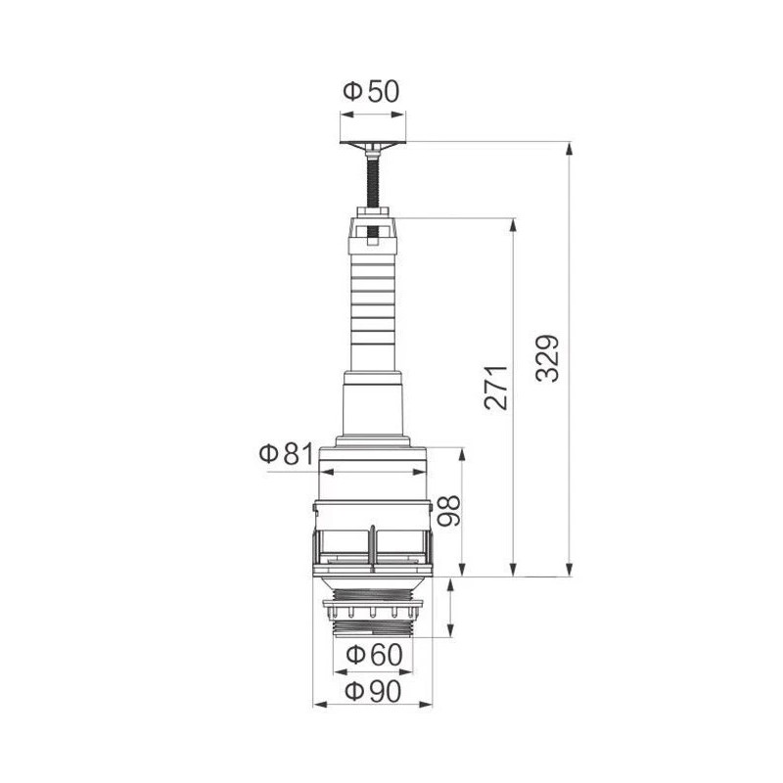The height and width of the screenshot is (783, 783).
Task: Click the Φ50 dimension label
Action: point(371,92)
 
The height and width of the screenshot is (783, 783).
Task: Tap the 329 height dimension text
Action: point(550,358)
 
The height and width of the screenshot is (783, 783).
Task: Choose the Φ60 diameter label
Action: point(370,653)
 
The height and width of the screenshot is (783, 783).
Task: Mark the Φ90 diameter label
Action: point(372,691)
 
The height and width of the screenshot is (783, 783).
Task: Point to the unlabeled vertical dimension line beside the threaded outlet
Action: point(451,607)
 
